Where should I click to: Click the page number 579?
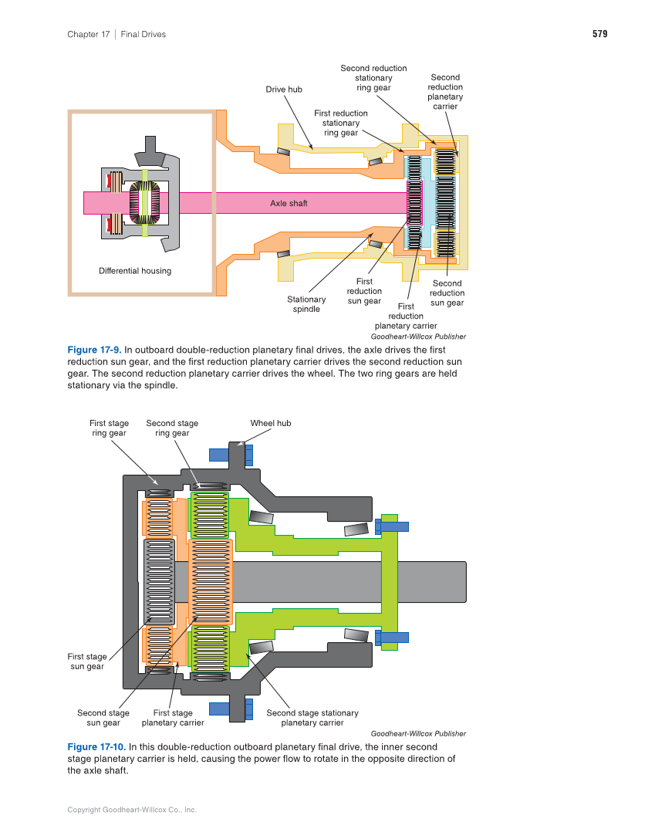tap(599, 34)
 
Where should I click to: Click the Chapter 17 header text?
tap(89, 34)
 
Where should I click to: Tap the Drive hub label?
tap(284, 90)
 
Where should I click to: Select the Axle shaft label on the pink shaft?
tap(289, 203)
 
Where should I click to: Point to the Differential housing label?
tap(135, 271)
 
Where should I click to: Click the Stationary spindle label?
tap(306, 304)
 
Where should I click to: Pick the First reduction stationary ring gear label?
tap(341, 123)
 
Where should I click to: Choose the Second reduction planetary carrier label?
tap(445, 92)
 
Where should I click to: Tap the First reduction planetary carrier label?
tap(406, 316)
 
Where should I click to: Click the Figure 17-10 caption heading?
tap(96, 747)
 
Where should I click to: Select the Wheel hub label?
tap(271, 423)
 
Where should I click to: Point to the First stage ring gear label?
tap(108, 428)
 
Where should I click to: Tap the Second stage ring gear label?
tap(172, 428)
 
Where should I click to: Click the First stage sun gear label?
tap(87, 661)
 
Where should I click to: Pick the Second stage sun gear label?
tap(103, 718)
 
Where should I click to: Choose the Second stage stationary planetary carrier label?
tap(312, 718)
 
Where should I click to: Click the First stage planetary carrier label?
tap(173, 718)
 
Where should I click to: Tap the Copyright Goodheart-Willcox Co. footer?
tap(132, 810)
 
